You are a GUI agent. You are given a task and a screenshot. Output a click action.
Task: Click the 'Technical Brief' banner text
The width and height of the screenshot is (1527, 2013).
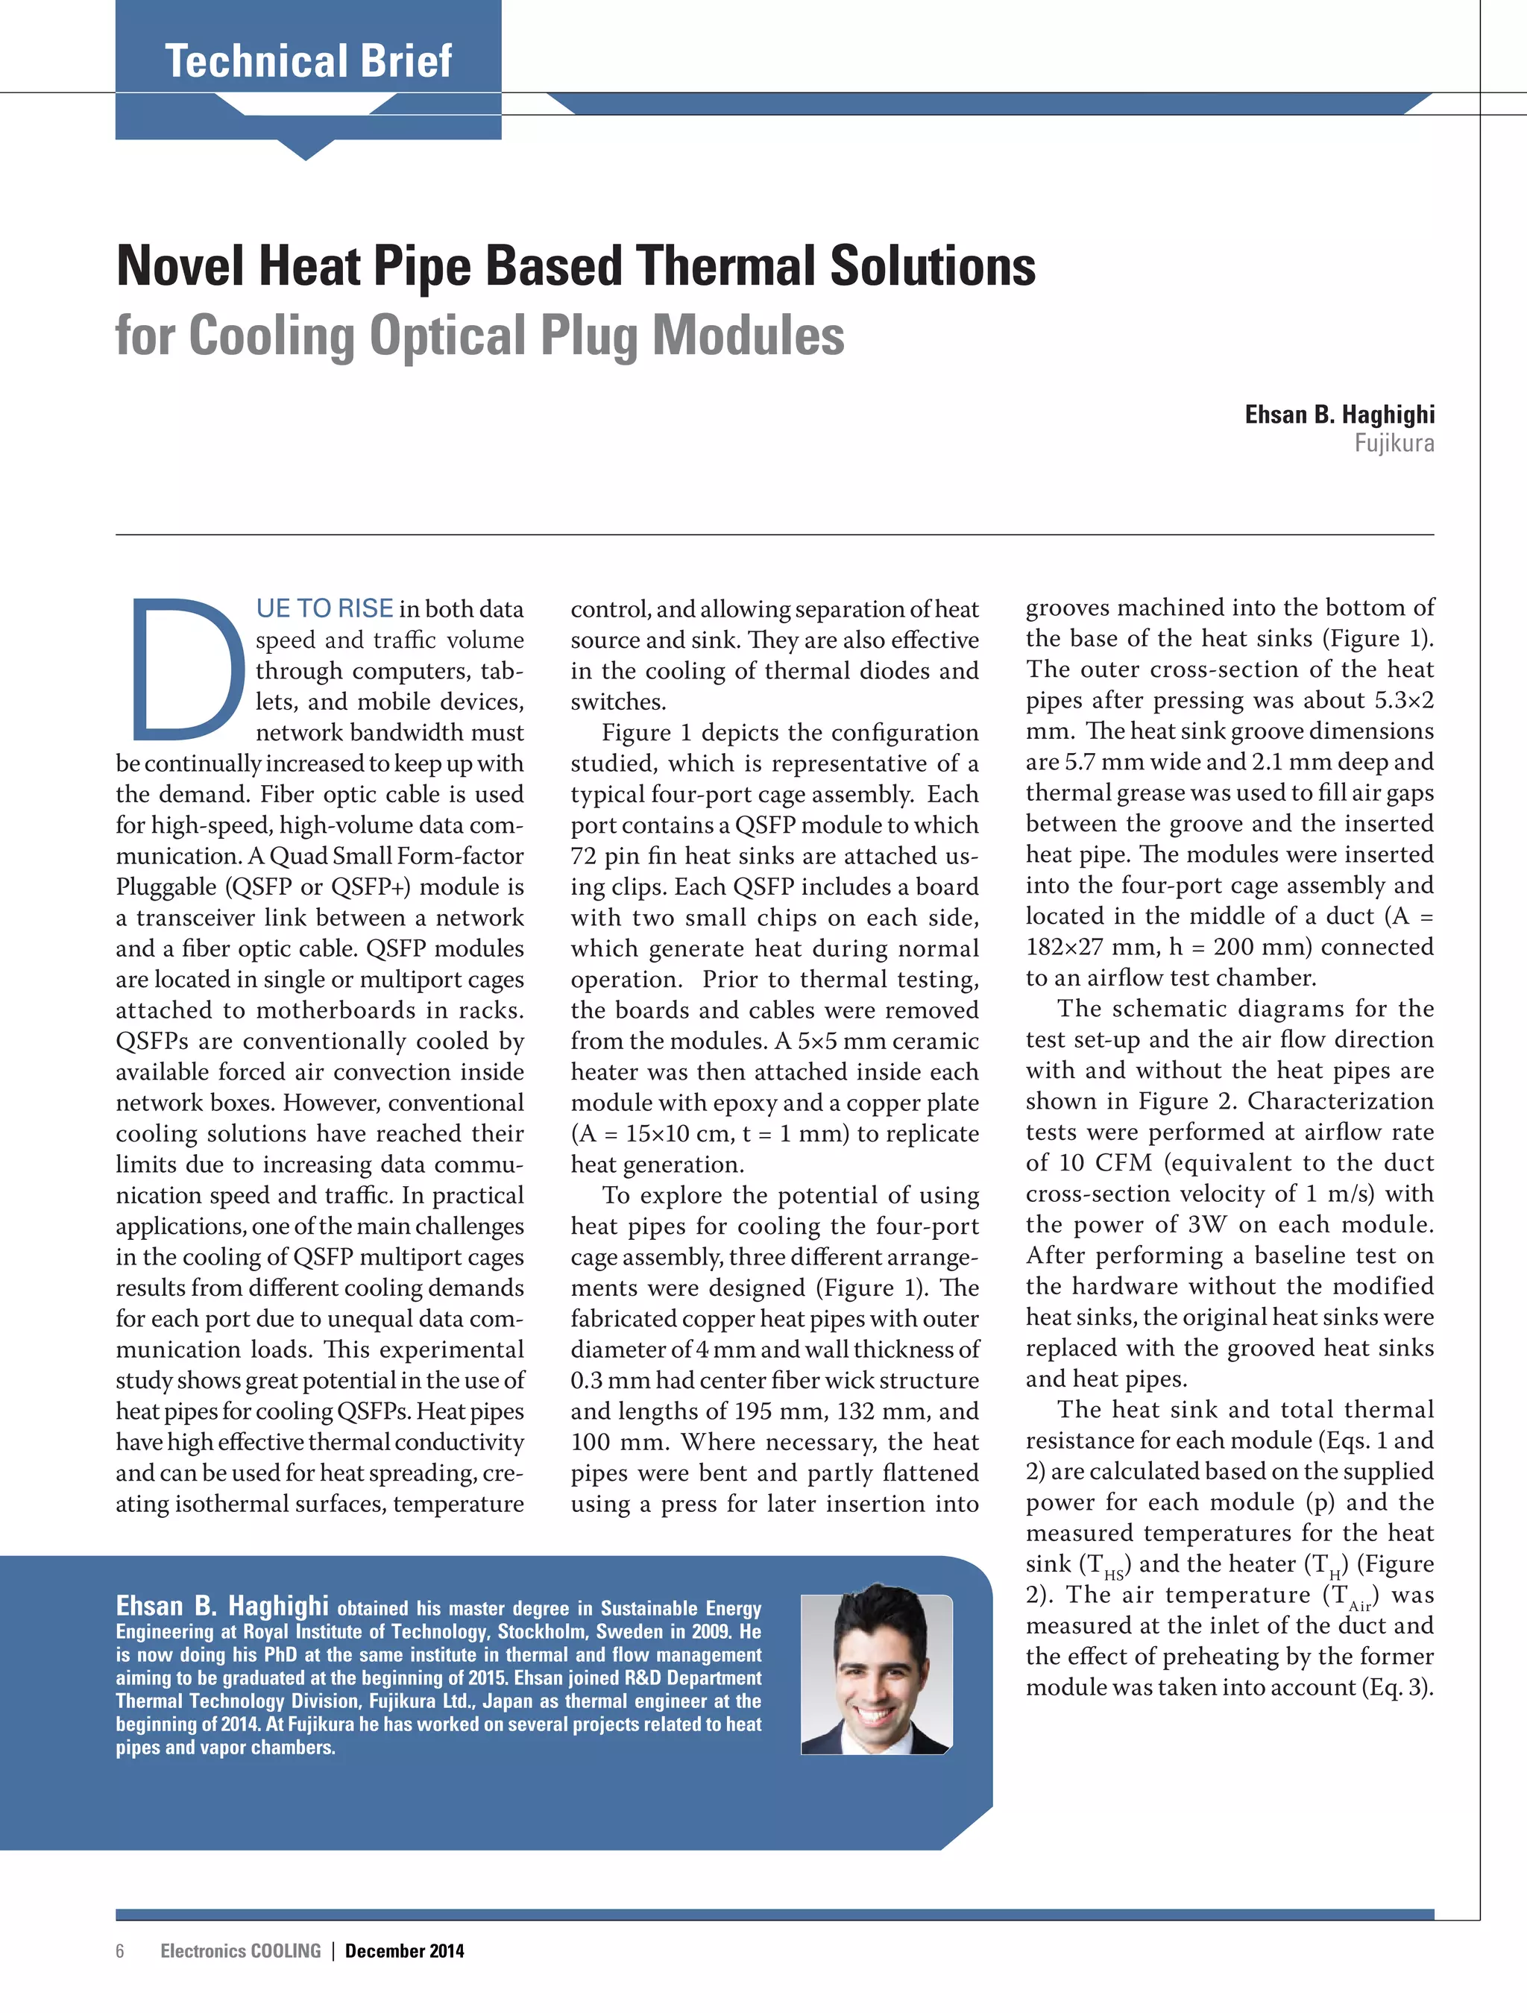(x=308, y=62)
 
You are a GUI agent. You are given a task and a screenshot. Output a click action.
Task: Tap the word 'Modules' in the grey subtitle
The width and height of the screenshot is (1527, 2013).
(x=748, y=335)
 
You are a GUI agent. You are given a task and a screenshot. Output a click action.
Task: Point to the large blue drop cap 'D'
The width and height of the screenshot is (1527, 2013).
(x=186, y=668)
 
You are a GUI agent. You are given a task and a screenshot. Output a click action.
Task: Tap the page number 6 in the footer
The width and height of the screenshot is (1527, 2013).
(x=120, y=1950)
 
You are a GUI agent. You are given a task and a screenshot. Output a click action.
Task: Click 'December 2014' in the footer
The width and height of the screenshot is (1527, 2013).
(x=404, y=1950)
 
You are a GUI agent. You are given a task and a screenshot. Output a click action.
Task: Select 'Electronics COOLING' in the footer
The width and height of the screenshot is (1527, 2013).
(x=240, y=1950)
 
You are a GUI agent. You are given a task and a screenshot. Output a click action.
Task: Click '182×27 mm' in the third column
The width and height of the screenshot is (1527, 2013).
(x=1092, y=948)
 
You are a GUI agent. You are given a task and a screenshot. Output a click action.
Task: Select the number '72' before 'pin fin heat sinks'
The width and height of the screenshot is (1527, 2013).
(x=582, y=857)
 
